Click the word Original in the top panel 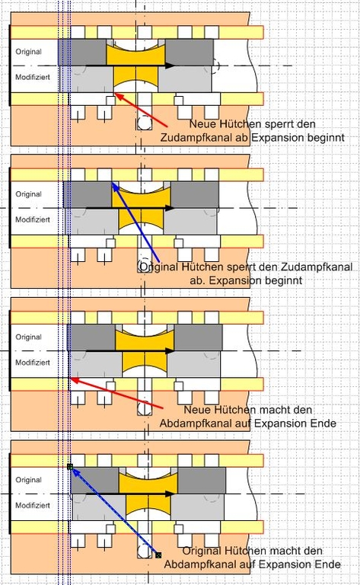point(28,52)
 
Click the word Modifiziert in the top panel point(33,77)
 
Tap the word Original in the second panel point(28,194)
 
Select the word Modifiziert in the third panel point(33,363)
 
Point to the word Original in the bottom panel point(28,480)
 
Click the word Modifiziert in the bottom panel point(33,505)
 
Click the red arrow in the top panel point(141,110)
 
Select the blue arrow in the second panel point(135,221)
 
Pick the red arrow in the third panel point(116,393)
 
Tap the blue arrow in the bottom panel point(114,511)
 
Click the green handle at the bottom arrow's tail point(158,555)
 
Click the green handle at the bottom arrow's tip point(70,466)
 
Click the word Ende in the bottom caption point(327,564)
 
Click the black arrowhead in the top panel point(170,66)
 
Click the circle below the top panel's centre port point(144,123)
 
